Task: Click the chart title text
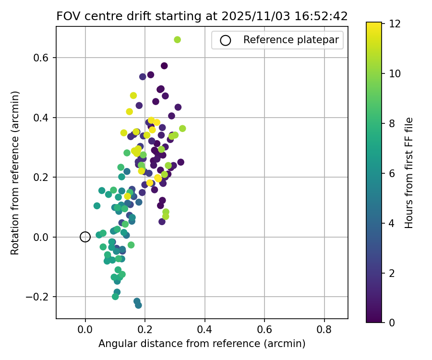tap(202, 16)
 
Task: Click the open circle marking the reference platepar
tap(85, 237)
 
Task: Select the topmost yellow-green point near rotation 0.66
tap(177, 39)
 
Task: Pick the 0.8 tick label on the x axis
tap(324, 330)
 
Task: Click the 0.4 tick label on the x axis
tap(205, 330)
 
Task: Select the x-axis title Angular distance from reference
tap(202, 344)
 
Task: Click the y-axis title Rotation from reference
tap(15, 172)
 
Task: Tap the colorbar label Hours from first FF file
tap(408, 172)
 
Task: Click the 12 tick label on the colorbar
tap(395, 23)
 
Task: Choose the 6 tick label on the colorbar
tap(392, 173)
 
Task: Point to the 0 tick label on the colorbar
tap(392, 323)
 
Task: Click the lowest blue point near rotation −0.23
tap(138, 305)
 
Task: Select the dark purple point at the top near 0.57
tap(164, 66)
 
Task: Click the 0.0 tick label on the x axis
tap(85, 330)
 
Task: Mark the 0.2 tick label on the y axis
tap(43, 177)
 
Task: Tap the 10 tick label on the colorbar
tap(395, 73)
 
